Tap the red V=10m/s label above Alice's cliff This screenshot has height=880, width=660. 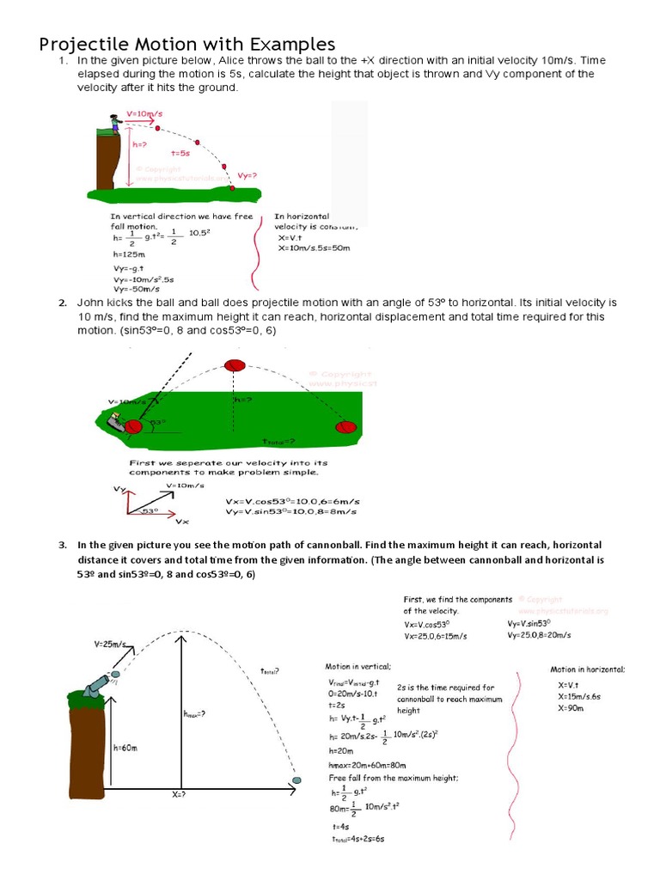[x=144, y=113]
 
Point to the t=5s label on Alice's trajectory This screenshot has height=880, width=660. [x=180, y=151]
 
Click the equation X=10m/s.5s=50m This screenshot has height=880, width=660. [x=314, y=247]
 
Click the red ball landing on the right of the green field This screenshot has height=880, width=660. [x=345, y=426]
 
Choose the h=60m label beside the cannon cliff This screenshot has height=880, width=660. [x=125, y=748]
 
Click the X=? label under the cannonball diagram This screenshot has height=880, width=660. [x=178, y=795]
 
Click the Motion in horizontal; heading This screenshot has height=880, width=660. [x=588, y=669]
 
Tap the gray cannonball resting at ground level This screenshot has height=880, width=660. [x=297, y=780]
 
